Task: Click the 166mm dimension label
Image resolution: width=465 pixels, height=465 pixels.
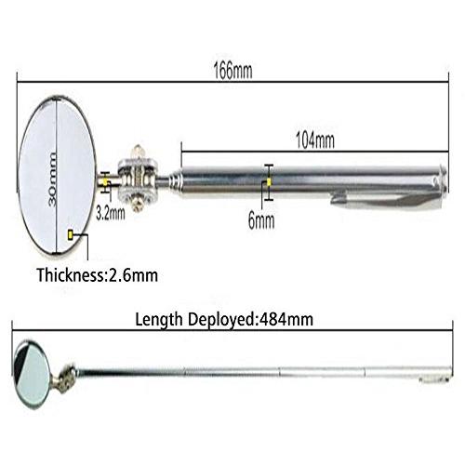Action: pyautogui.click(x=232, y=71)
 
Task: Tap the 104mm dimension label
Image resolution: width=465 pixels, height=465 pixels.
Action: pyautogui.click(x=315, y=140)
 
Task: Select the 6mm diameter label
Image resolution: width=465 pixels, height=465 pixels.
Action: pyautogui.click(x=261, y=220)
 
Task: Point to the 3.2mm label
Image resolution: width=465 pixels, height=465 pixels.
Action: pyautogui.click(x=111, y=213)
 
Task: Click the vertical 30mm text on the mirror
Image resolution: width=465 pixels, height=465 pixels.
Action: pyautogui.click(x=53, y=179)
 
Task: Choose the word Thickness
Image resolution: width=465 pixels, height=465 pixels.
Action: pyautogui.click(x=70, y=274)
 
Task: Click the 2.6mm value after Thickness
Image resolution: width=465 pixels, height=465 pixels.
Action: pyautogui.click(x=132, y=275)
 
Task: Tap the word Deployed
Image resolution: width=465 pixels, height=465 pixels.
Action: pyautogui.click(x=221, y=320)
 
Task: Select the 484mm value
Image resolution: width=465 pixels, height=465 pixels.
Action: pyautogui.click(x=286, y=319)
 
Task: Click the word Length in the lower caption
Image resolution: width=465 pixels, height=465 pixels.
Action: pyautogui.click(x=159, y=320)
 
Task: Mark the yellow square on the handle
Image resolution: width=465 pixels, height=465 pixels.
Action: pyautogui.click(x=269, y=182)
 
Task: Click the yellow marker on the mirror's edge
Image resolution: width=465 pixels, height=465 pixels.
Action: pyautogui.click(x=71, y=235)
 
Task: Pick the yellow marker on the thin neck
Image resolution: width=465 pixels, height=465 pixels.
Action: pyautogui.click(x=105, y=182)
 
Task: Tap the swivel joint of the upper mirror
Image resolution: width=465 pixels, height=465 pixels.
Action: pyautogui.click(x=138, y=179)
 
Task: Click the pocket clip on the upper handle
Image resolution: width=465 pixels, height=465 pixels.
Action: pyautogui.click(x=388, y=200)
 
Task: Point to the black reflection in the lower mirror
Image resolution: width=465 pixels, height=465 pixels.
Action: pyautogui.click(x=21, y=360)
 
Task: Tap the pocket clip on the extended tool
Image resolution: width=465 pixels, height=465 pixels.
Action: pyautogui.click(x=433, y=379)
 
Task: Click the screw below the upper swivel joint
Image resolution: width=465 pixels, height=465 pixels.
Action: pyautogui.click(x=138, y=206)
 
